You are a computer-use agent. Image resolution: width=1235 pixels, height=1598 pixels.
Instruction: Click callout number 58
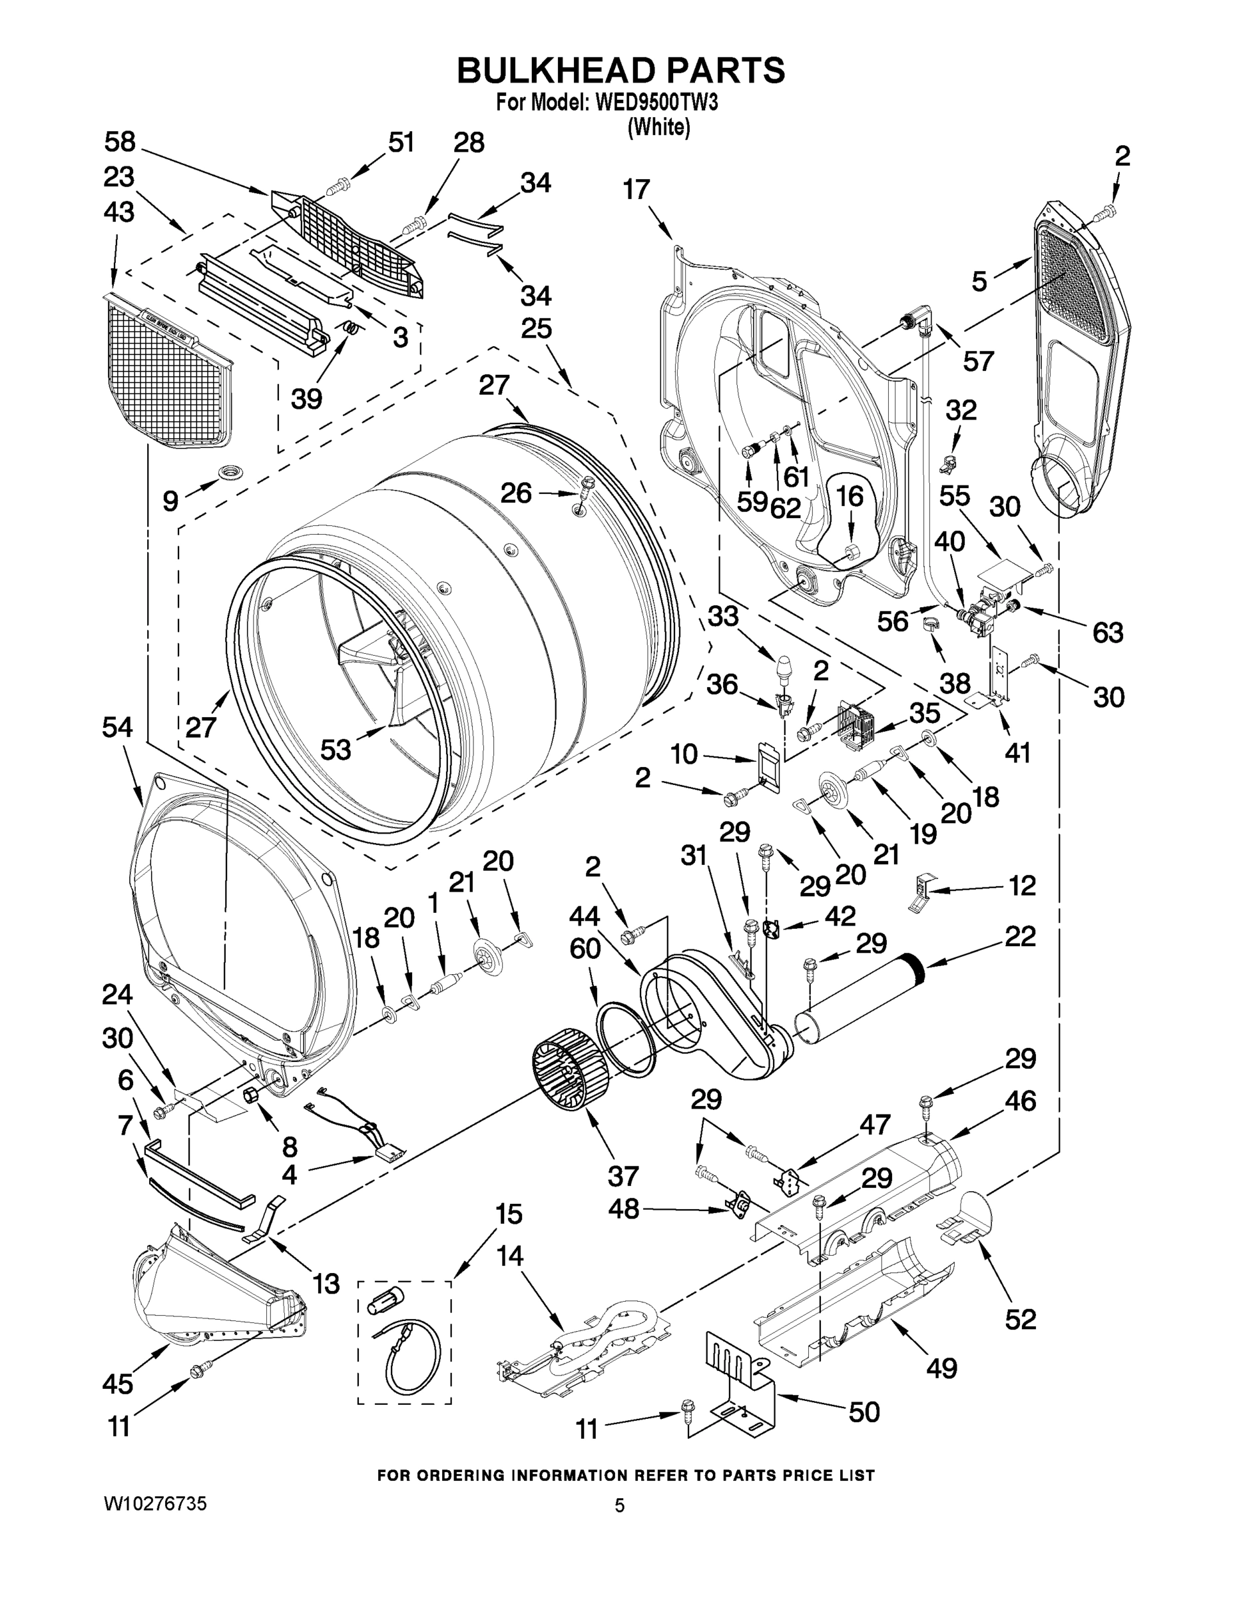tap(120, 142)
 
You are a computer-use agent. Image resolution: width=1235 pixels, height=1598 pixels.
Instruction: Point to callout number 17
tap(636, 190)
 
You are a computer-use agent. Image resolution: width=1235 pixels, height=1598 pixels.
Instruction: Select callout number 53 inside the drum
tap(336, 748)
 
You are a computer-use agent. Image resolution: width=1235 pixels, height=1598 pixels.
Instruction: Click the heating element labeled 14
tap(585, 1346)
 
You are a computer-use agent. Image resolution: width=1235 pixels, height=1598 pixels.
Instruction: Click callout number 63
tap(1107, 632)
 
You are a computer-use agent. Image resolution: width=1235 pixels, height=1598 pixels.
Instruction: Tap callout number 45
tap(118, 1383)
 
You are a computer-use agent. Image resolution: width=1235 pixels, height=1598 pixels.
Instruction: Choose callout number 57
tap(978, 360)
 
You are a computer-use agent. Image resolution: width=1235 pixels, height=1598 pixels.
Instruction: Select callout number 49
tap(941, 1368)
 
